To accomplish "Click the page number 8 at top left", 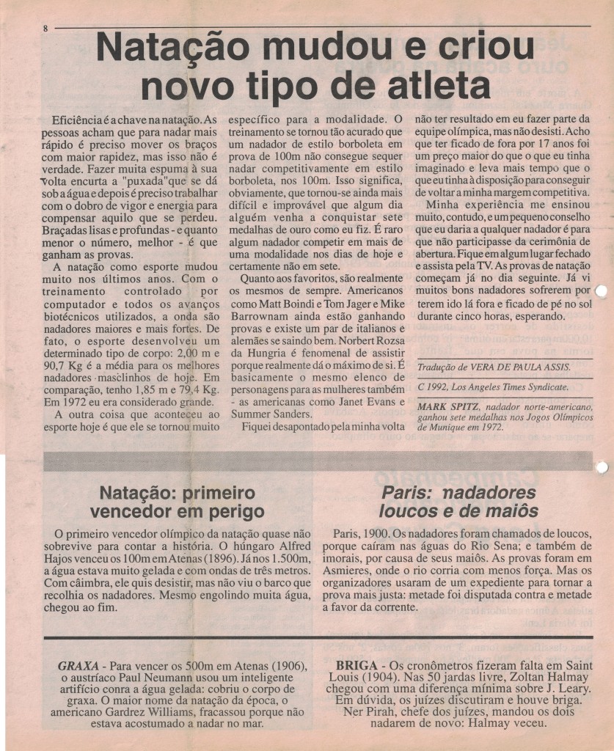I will [45, 29].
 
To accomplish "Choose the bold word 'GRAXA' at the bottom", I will [78, 666].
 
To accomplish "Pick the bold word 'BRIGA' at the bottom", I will [356, 666].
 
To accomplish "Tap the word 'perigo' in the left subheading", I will [230, 510].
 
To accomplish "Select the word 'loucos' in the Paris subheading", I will [411, 510].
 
